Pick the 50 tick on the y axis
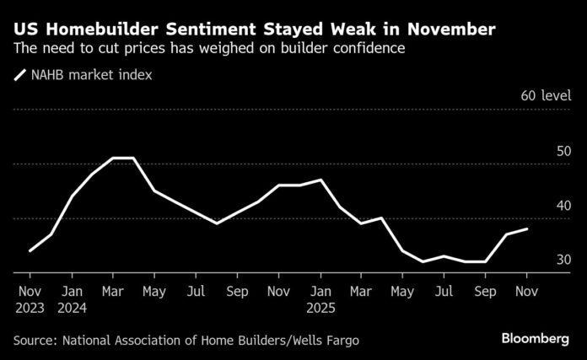(564, 151)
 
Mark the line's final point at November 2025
(527, 228)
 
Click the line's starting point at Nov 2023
(30, 250)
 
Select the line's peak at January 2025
(320, 180)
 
